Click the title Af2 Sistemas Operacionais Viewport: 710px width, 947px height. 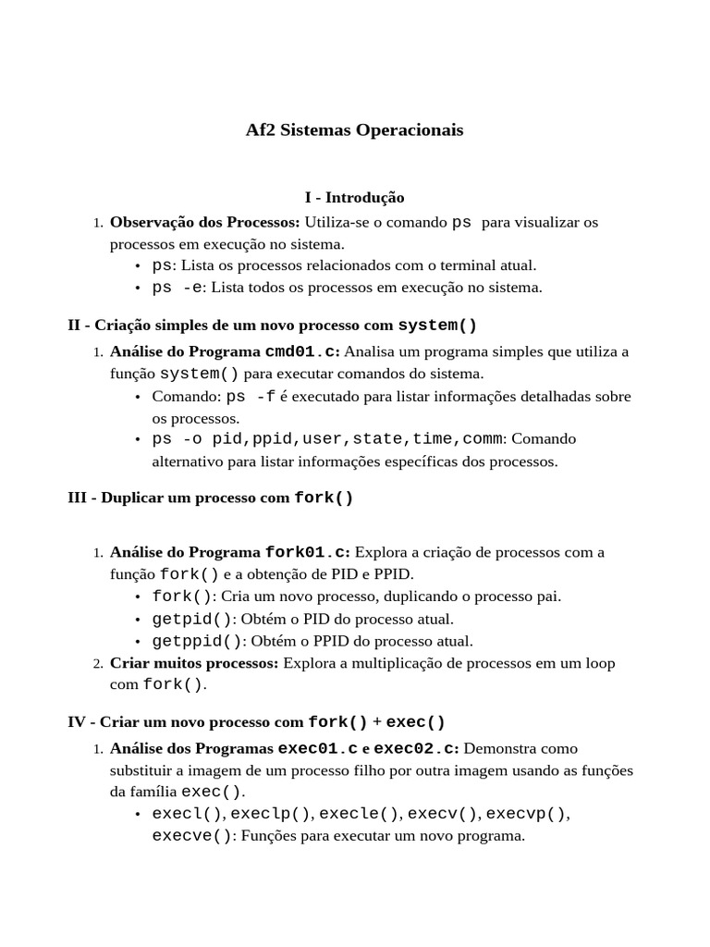click(x=354, y=130)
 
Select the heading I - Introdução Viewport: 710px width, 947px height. click(x=354, y=197)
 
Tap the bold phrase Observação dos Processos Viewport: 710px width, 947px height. click(x=204, y=222)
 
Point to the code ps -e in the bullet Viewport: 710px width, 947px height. click(x=177, y=288)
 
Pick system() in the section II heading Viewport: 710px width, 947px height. click(x=437, y=326)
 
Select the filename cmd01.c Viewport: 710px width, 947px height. click(x=301, y=351)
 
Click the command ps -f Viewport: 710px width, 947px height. click(x=251, y=397)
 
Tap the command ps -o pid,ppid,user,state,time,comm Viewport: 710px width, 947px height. click(x=327, y=438)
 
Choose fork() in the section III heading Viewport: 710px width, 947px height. click(x=324, y=498)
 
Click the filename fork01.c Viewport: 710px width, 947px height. click(x=306, y=552)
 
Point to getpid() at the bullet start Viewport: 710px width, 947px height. click(x=192, y=619)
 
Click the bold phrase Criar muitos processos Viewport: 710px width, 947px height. click(x=193, y=663)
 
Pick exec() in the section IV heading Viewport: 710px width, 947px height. click(x=415, y=721)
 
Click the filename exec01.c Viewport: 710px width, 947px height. click(x=317, y=747)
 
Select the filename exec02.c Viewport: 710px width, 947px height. click(x=416, y=747)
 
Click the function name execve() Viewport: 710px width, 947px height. click(x=192, y=836)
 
